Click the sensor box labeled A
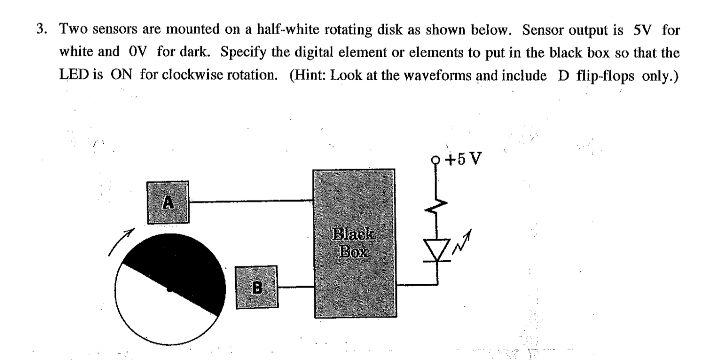[x=168, y=202]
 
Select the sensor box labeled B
[x=257, y=287]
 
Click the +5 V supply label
[x=465, y=160]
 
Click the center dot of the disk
[x=169, y=290]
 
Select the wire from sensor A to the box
[x=251, y=201]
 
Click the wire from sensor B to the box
[x=296, y=287]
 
